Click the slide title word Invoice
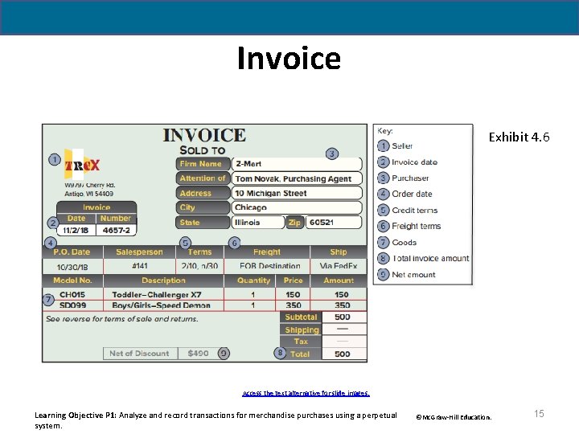pos(289,59)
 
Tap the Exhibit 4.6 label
pos(519,137)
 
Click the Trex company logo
pos(82,166)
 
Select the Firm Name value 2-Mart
pos(248,164)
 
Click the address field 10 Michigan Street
pos(271,193)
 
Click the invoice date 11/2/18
pos(76,230)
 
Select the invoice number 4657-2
pos(115,230)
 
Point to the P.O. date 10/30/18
pos(72,266)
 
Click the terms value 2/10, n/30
pos(199,266)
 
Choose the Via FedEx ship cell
pos(338,266)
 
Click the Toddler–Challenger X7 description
pos(157,295)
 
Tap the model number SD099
pos(72,305)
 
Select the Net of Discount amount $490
pos(198,353)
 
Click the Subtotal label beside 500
pos(301,317)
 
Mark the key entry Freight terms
pos(416,227)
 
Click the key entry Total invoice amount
pos(430,259)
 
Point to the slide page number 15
pos(539,413)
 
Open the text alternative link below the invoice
pos(306,394)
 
